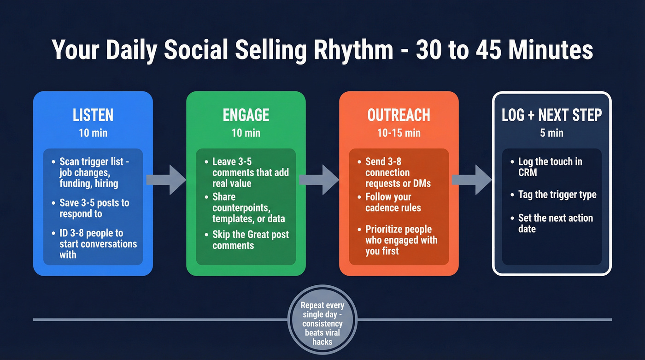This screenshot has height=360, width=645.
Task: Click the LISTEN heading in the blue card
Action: click(x=93, y=115)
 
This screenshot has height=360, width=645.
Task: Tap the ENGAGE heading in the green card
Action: click(x=246, y=115)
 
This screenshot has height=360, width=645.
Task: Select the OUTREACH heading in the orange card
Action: click(x=399, y=115)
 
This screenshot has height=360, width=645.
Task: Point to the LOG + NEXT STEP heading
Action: click(x=551, y=115)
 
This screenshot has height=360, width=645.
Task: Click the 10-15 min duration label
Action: click(x=399, y=133)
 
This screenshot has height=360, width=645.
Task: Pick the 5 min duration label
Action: click(x=551, y=133)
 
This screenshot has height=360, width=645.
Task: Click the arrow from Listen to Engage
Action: click(x=166, y=179)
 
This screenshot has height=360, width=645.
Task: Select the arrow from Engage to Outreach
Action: click(x=319, y=179)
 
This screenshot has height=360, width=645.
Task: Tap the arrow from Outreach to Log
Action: click(x=471, y=179)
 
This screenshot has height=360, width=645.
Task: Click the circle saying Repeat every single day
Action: click(x=322, y=323)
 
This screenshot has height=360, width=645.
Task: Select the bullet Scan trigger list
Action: click(x=94, y=172)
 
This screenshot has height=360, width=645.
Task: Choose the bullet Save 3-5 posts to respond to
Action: click(x=94, y=208)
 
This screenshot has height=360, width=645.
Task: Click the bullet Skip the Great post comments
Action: click(x=250, y=240)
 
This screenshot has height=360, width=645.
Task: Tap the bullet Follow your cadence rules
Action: click(x=393, y=202)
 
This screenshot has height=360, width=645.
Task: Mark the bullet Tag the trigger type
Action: click(x=557, y=195)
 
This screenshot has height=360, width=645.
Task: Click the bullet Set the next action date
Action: click(x=555, y=223)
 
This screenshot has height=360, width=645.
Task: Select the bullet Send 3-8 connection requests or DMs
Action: click(x=398, y=172)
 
